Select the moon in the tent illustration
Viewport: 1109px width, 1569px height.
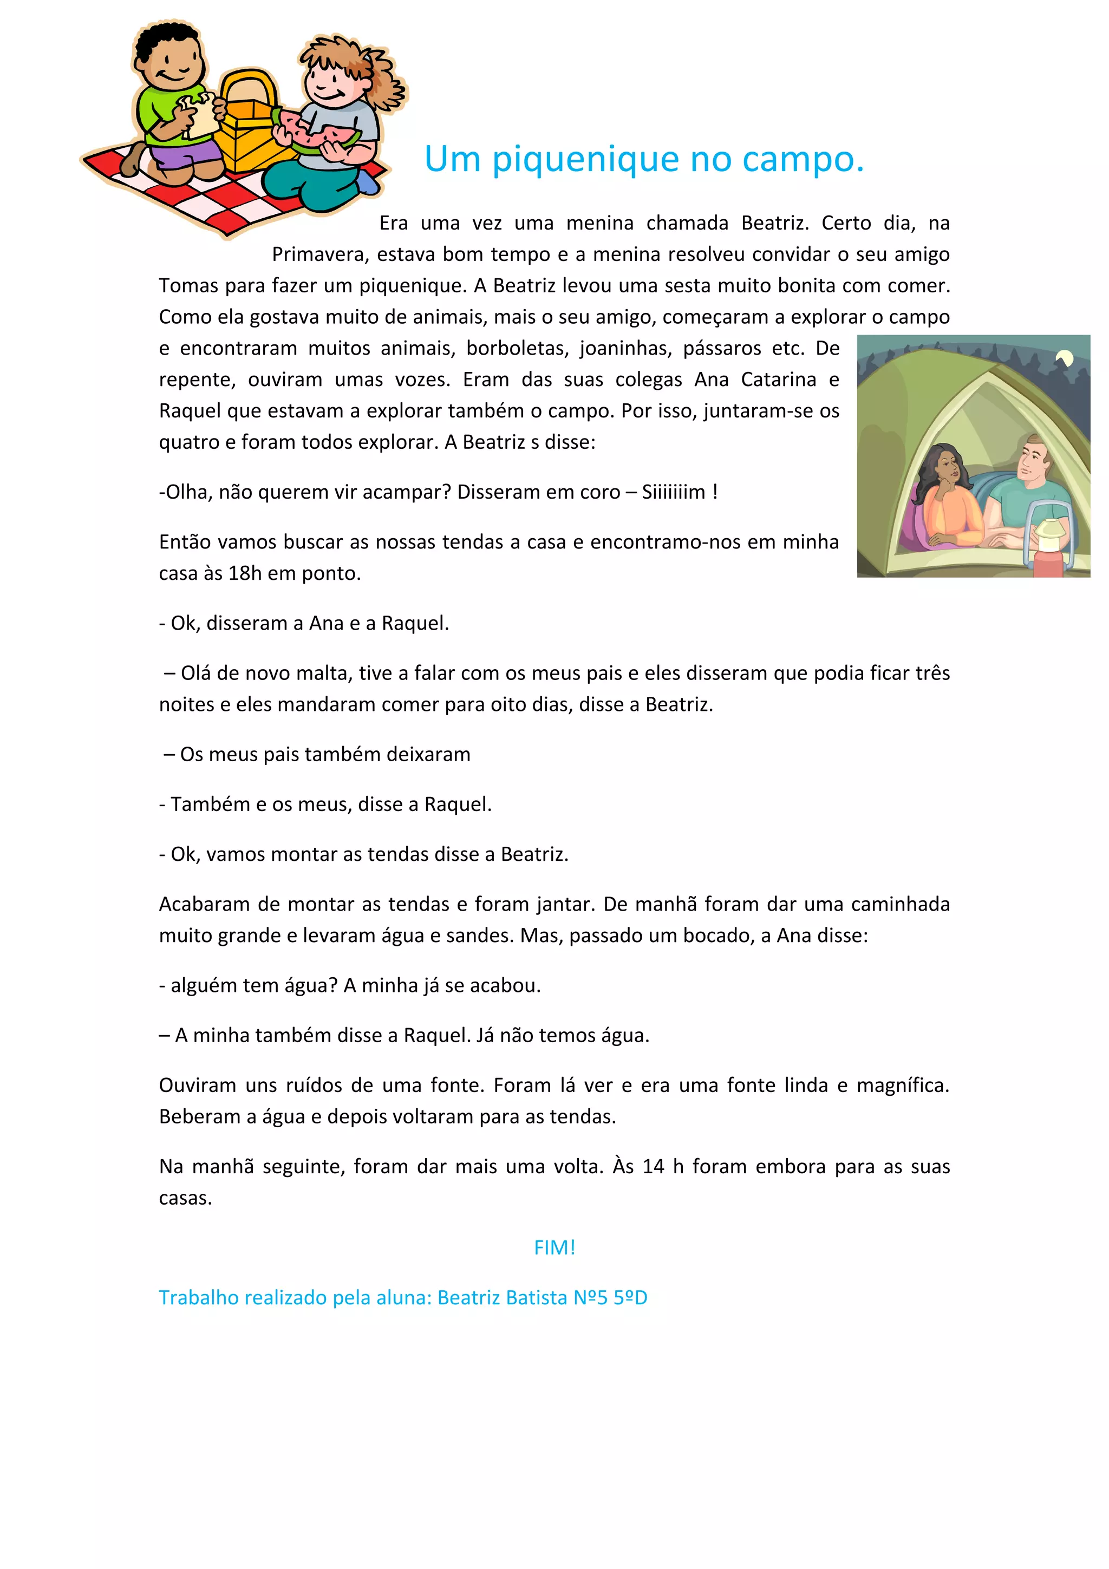click(x=1064, y=358)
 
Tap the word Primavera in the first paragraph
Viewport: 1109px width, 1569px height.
click(x=320, y=255)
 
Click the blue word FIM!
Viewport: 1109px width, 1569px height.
click(x=554, y=1248)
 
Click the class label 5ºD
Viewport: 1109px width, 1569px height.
click(x=630, y=1298)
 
